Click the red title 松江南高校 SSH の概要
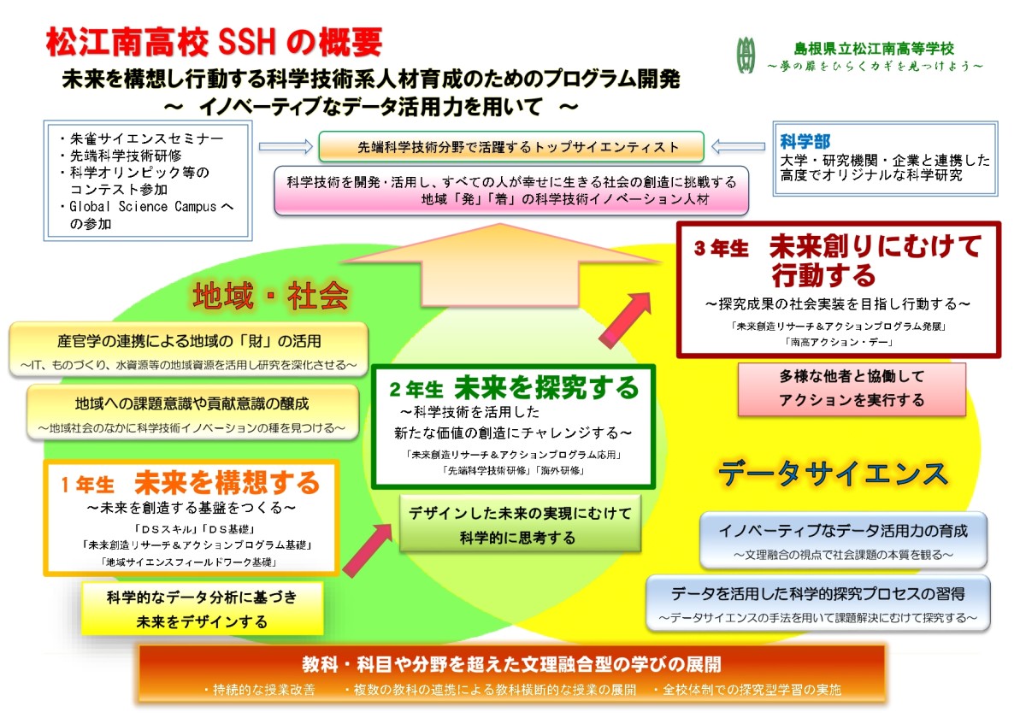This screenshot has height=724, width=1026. [214, 42]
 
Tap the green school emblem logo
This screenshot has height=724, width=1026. [746, 55]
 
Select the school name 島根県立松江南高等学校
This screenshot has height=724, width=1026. [874, 49]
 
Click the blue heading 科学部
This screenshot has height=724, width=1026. [805, 141]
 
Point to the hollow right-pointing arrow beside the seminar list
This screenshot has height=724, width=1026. [286, 146]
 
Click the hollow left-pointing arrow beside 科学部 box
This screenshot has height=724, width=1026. [738, 146]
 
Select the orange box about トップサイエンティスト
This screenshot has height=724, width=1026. [511, 146]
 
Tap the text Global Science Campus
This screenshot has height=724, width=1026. [143, 207]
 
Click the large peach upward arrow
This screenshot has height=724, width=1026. [500, 266]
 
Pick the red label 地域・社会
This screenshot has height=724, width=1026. [271, 296]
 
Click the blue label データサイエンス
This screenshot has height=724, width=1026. [833, 474]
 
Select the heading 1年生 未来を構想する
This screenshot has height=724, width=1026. [191, 483]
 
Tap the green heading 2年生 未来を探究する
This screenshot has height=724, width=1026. [514, 387]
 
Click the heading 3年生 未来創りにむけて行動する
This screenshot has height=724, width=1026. [838, 260]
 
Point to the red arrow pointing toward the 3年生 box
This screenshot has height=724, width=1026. [625, 321]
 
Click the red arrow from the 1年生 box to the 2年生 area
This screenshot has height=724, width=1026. [368, 550]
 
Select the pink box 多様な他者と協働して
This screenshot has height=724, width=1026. [852, 389]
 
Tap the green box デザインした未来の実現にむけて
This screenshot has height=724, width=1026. [520, 524]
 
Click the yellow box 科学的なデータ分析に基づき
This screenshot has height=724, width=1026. [202, 609]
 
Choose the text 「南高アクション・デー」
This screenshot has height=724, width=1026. [838, 342]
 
